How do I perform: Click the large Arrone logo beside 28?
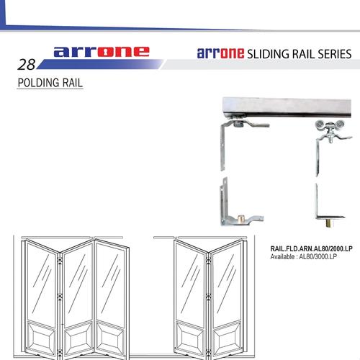101,52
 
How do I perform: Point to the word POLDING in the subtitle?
37,83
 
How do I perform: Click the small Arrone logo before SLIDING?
220,54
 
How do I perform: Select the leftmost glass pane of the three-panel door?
42,277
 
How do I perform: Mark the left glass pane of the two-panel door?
191,277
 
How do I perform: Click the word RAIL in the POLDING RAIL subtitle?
71,83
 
